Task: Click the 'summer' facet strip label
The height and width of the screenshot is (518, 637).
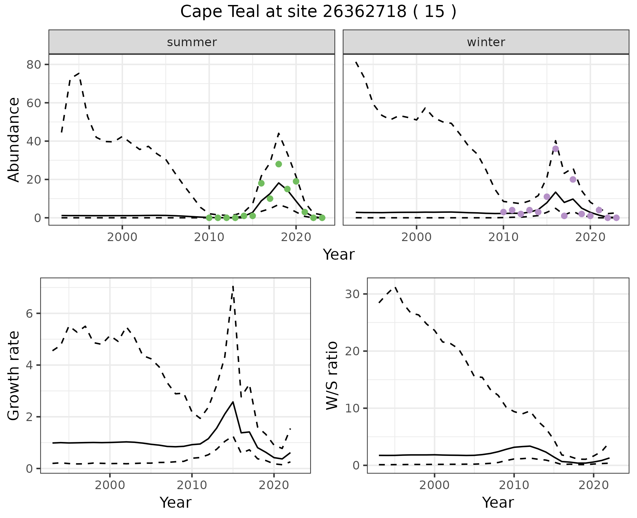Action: click(x=192, y=42)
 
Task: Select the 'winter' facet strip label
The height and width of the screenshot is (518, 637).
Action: click(x=486, y=42)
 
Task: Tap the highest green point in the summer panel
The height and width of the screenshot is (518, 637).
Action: click(x=279, y=164)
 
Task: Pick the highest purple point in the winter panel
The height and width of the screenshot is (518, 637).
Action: click(x=556, y=149)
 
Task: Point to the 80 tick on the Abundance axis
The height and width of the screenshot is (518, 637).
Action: click(x=33, y=64)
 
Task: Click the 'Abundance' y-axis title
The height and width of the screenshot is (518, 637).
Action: click(x=14, y=139)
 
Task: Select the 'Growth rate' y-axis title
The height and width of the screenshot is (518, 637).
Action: click(x=14, y=376)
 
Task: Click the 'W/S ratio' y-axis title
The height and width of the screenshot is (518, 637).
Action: click(x=332, y=376)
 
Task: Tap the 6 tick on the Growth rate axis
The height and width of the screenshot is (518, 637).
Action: click(x=29, y=313)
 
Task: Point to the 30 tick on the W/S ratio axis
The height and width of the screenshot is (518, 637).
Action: click(x=352, y=294)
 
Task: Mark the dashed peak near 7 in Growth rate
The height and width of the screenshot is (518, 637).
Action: click(x=233, y=286)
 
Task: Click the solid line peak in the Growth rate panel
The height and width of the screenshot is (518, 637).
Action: click(x=233, y=402)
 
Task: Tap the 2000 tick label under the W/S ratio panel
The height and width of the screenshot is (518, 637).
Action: click(x=434, y=485)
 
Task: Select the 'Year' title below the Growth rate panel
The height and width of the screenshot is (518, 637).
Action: click(x=176, y=503)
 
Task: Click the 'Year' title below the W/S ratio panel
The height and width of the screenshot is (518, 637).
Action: click(x=498, y=503)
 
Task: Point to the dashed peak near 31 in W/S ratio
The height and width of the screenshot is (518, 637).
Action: click(x=395, y=288)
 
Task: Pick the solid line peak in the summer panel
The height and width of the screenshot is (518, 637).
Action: click(x=279, y=183)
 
